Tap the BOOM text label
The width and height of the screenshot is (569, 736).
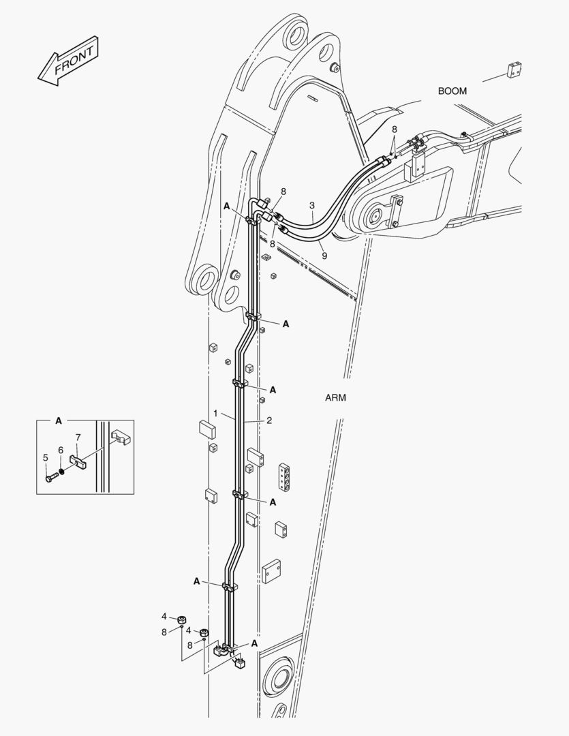452,91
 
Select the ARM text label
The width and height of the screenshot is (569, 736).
335,398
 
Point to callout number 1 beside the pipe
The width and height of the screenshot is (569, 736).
216,414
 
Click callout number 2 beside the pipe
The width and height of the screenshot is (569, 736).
269,420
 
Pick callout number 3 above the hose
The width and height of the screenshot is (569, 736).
311,205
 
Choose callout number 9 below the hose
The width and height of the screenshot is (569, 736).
324,256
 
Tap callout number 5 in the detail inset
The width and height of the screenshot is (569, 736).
46,457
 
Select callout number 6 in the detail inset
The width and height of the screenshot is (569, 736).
60,450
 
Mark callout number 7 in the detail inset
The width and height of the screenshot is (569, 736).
78,436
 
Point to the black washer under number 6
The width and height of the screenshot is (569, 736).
63,471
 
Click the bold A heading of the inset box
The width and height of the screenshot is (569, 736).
59,421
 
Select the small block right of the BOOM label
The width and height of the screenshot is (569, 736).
514,70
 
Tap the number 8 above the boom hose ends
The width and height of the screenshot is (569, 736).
394,129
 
